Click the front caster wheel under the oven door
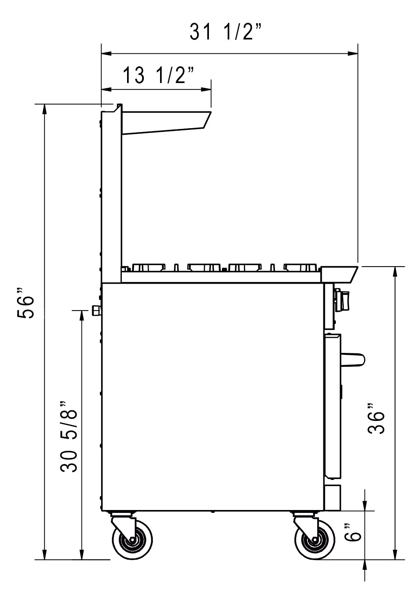314,539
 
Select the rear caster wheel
132,539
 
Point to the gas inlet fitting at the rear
97,311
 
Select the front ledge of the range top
339,274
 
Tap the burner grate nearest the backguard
148,267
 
